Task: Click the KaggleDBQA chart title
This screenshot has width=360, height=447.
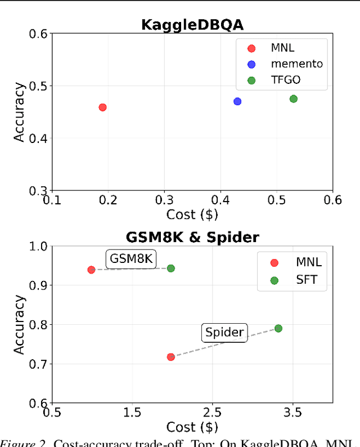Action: point(192,25)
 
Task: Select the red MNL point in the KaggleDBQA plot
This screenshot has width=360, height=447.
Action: point(102,107)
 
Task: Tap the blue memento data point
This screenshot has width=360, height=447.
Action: point(237,101)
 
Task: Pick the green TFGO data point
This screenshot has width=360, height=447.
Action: point(293,99)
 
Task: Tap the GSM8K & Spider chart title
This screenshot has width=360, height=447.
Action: point(192,237)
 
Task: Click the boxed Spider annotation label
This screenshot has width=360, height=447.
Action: point(224,333)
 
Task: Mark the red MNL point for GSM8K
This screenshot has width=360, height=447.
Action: point(91,270)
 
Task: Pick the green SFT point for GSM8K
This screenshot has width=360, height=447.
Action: point(171,268)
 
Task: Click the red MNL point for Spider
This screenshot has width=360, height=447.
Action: point(171,357)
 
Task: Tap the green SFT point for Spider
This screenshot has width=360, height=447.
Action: point(278,328)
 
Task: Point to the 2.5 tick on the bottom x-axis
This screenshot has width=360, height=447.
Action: point(212,413)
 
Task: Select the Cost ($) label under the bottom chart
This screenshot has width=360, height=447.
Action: point(192,427)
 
